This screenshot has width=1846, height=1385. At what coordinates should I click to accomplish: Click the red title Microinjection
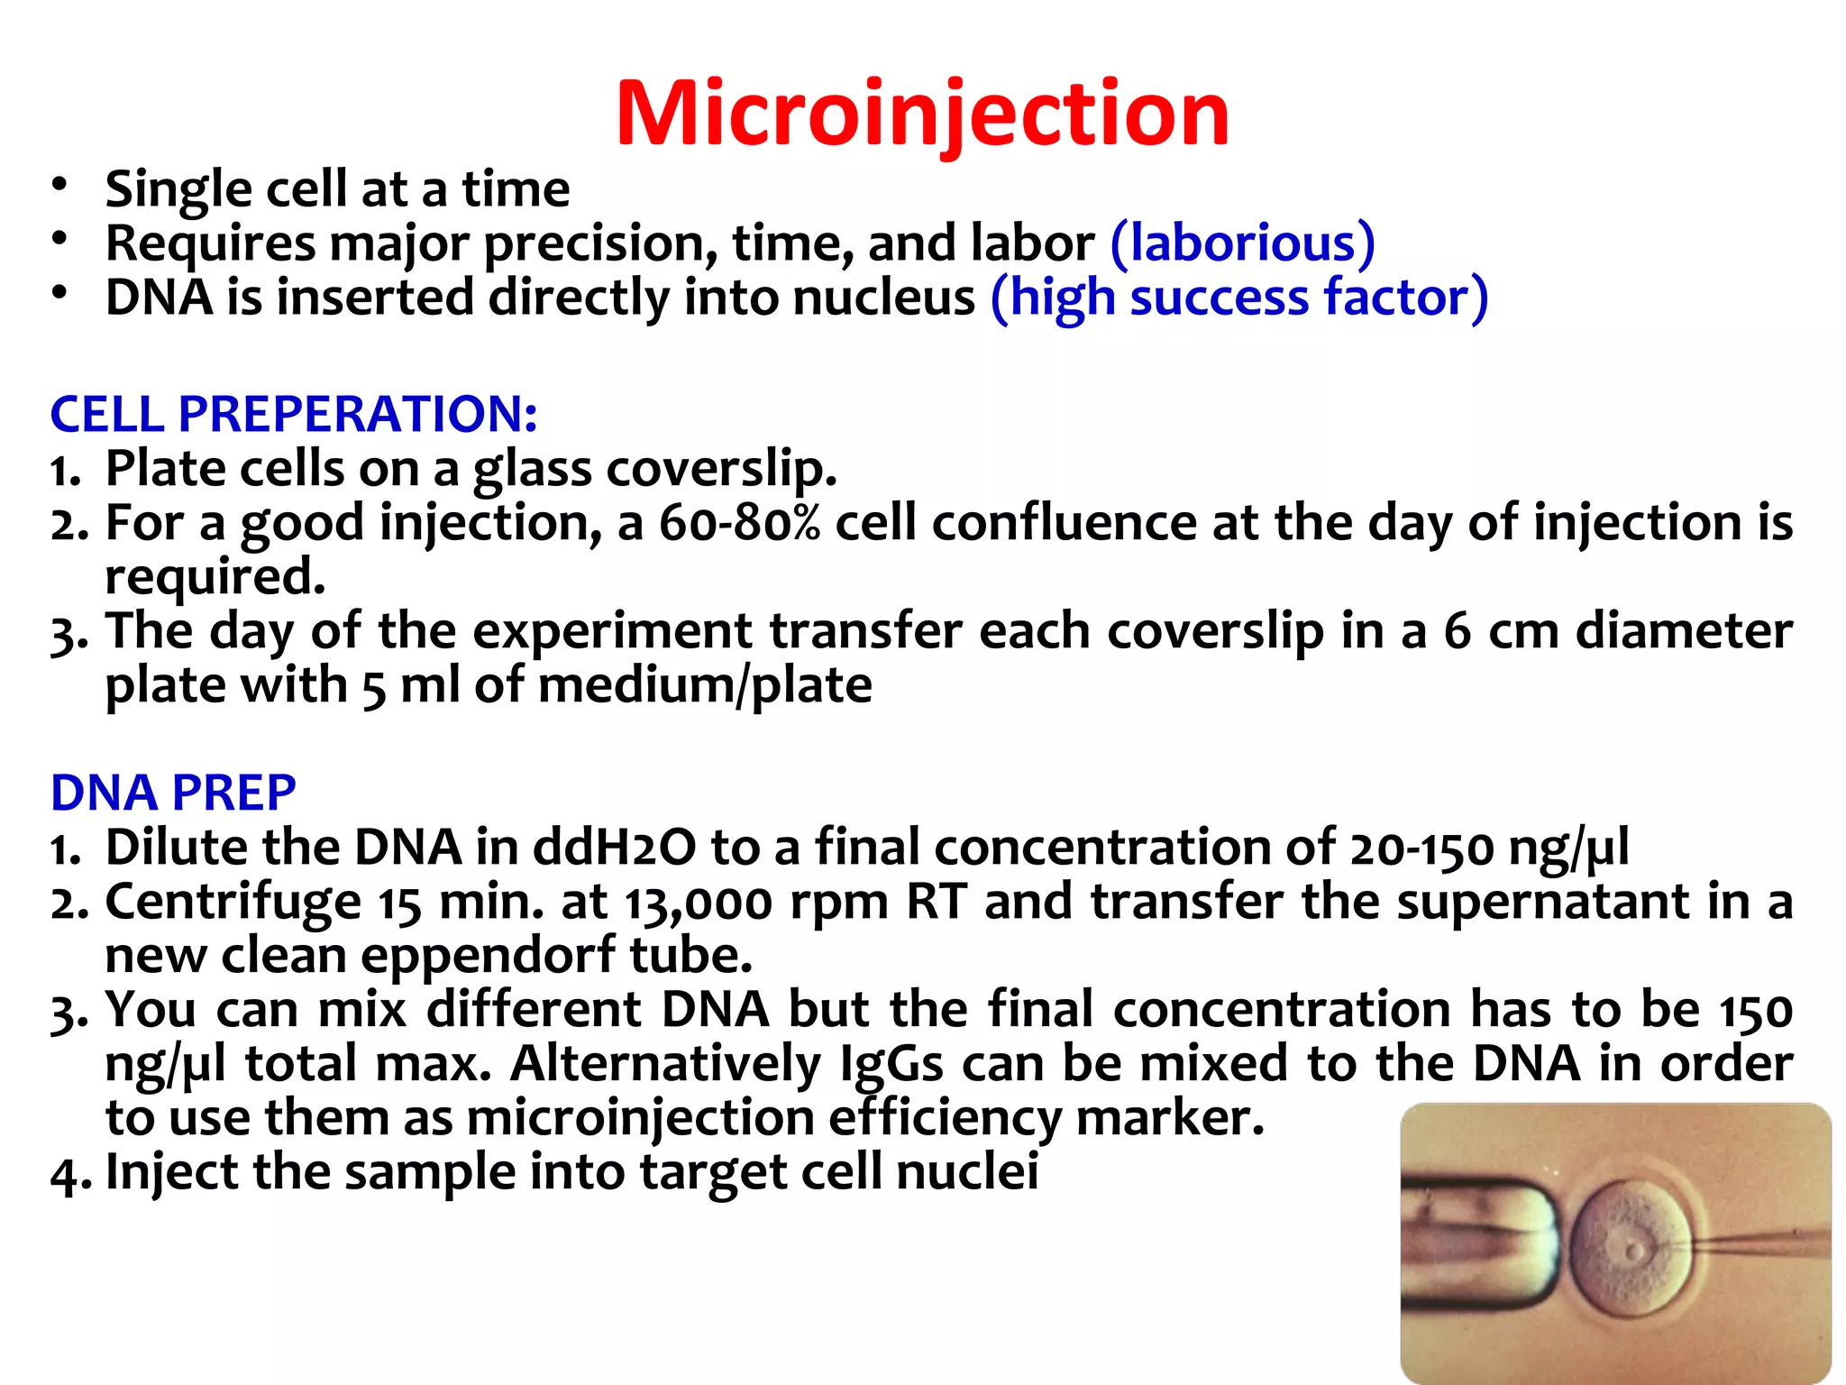[922, 114]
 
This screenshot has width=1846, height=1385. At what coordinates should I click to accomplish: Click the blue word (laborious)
[1242, 243]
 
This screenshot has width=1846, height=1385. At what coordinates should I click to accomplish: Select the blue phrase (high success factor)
[1238, 298]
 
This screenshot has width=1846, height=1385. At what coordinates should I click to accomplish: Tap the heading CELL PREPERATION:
[294, 415]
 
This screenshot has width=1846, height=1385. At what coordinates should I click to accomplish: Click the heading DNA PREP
[173, 793]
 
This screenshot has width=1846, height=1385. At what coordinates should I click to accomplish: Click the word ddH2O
[614, 848]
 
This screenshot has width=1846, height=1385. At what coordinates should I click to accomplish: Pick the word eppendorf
[488, 957]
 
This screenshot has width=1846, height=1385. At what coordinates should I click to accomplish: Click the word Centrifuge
[233, 903]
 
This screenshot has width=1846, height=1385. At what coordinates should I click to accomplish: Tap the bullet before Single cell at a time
[59, 184]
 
